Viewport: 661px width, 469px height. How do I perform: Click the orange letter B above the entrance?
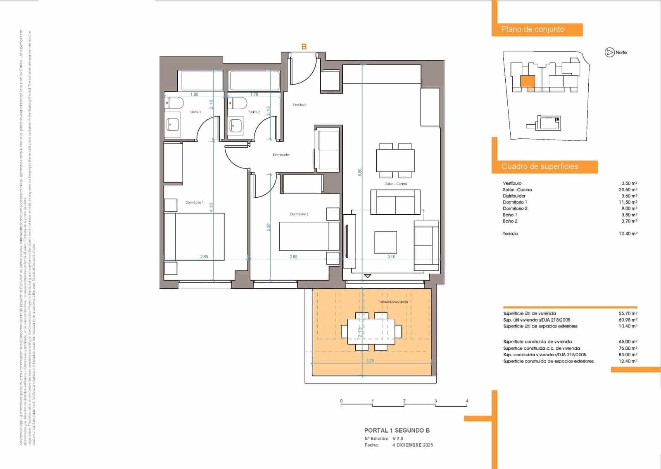304,47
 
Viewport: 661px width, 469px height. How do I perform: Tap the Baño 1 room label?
195,112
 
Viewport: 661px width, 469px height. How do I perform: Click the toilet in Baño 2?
239,103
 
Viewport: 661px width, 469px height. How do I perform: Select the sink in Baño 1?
173,124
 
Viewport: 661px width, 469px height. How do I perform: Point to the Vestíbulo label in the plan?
300,105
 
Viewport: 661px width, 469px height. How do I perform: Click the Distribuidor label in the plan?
281,155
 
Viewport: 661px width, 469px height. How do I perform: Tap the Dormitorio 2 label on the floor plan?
299,214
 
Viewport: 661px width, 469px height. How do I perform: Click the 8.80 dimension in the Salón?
360,173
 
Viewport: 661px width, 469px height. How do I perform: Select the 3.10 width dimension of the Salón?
391,256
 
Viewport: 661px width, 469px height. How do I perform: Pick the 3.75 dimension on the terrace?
370,361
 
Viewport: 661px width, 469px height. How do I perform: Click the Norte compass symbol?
609,52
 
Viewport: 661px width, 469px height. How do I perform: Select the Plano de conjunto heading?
533,29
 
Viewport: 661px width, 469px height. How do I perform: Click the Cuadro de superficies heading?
540,166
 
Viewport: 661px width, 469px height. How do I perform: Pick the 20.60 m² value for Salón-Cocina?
628,190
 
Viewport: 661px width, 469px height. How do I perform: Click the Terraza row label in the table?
510,234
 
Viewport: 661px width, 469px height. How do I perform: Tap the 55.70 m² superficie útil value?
628,313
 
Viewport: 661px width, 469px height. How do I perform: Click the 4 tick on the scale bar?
467,401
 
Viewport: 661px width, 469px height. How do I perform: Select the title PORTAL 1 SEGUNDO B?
397,430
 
